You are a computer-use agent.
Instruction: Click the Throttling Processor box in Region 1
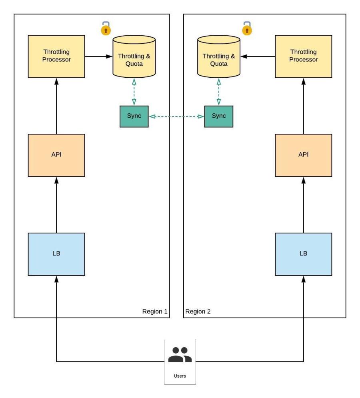tap(56, 56)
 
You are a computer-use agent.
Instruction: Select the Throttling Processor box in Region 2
tap(303, 56)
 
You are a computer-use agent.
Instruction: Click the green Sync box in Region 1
tap(134, 116)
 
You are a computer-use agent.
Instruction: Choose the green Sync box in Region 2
tap(218, 116)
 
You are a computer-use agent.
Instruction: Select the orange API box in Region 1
tap(56, 155)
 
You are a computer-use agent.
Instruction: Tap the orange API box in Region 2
tap(303, 155)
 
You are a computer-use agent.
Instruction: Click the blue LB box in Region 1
tap(56, 254)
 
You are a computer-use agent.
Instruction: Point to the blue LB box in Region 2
tap(303, 254)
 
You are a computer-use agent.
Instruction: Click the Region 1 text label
tap(154, 312)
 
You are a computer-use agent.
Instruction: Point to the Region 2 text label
tap(198, 312)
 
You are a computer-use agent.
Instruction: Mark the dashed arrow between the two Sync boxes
tap(176, 117)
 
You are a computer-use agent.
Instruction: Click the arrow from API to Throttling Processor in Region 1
tap(56, 106)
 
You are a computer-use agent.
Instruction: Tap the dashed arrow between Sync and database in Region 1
tap(134, 92)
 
